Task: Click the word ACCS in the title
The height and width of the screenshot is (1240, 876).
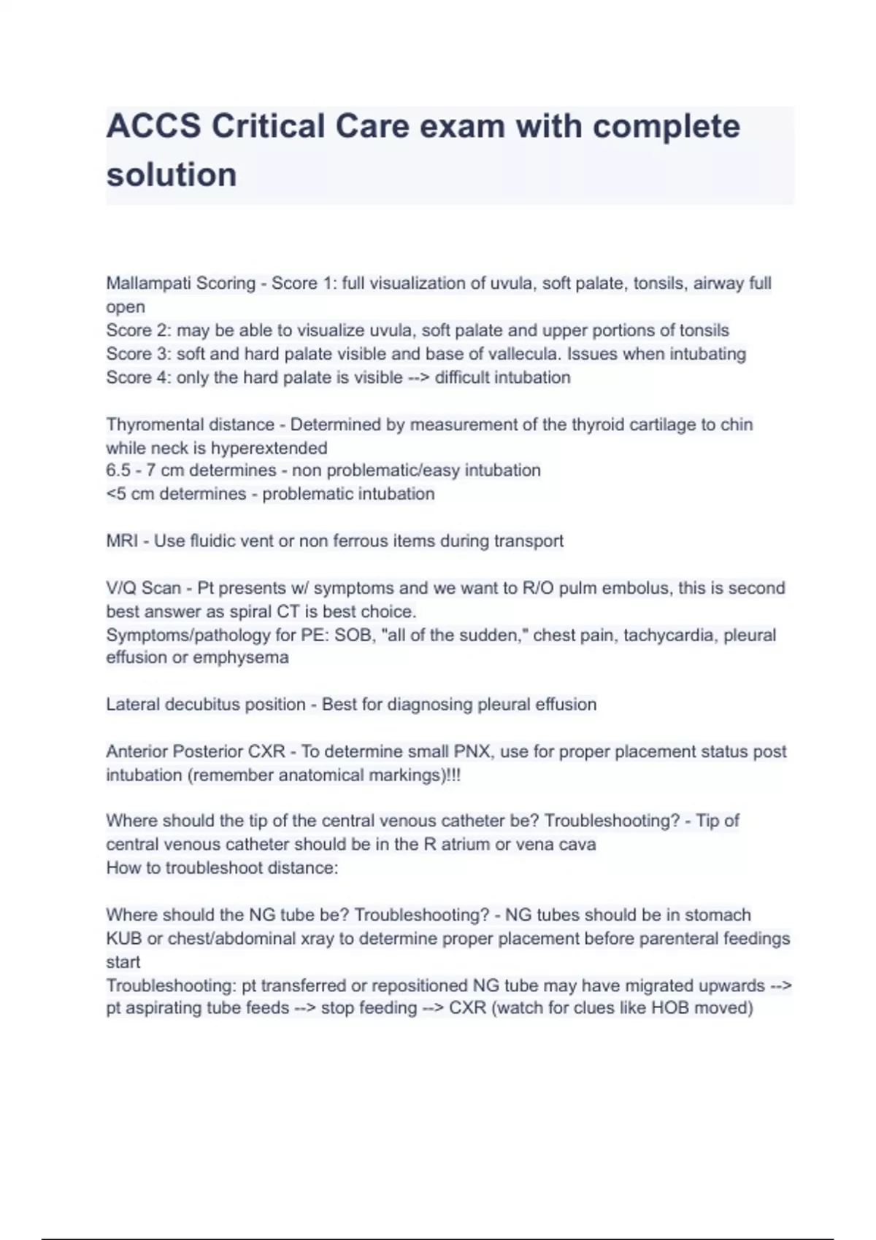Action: [x=153, y=126]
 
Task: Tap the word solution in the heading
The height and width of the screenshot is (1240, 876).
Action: [x=172, y=175]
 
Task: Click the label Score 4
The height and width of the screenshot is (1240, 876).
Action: [x=138, y=377]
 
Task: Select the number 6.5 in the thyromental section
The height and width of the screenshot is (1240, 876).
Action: [x=119, y=470]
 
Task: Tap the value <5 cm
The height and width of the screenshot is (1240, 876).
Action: [x=130, y=494]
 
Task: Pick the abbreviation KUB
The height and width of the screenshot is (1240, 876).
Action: [x=124, y=939]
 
